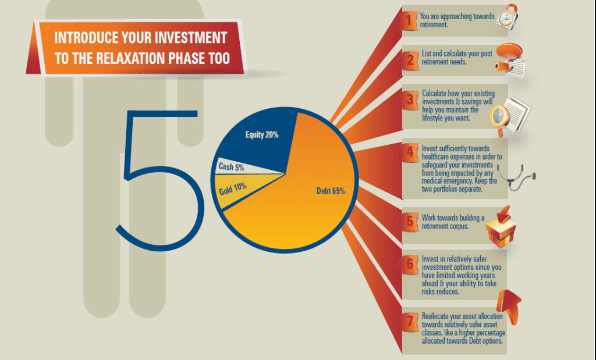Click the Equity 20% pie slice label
pos(262,135)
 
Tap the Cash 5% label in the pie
pos(231,167)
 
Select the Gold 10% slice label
pos(233,188)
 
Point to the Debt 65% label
pos(331,191)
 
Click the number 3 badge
pos(410,99)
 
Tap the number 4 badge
pos(410,152)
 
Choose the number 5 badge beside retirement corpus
pos(410,221)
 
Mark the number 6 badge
pos(410,263)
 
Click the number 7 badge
pos(410,321)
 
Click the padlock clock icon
pos(508,17)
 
